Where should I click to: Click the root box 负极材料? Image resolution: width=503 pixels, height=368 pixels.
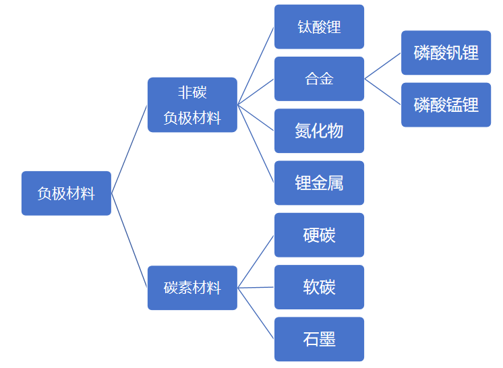[x=66, y=193]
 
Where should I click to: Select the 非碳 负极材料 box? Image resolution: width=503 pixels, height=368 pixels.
[x=192, y=105]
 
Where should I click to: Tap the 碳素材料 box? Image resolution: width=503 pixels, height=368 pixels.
[x=192, y=288]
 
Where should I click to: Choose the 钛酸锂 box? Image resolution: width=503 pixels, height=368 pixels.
[x=319, y=27]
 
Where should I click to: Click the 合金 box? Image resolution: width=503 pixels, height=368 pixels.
[x=319, y=79]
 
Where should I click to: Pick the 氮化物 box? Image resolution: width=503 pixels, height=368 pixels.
[x=319, y=131]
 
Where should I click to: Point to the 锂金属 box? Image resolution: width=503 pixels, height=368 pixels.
[x=319, y=183]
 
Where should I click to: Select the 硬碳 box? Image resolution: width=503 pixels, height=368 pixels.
[x=319, y=235]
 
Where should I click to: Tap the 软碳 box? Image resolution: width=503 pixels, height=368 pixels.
[x=319, y=287]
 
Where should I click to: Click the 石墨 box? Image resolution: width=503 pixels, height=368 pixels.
[x=319, y=339]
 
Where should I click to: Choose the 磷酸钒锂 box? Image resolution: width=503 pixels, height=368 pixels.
[x=446, y=53]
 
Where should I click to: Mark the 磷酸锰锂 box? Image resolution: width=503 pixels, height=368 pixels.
[x=446, y=104]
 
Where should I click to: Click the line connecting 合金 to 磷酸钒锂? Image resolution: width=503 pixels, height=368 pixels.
[x=383, y=66]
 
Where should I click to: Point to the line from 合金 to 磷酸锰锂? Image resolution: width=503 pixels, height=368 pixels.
[x=383, y=92]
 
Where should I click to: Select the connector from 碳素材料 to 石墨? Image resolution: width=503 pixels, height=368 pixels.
[x=256, y=313]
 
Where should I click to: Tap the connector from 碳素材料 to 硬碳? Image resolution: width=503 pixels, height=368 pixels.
[x=256, y=262]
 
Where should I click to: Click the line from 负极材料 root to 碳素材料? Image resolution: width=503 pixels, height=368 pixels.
[x=129, y=241]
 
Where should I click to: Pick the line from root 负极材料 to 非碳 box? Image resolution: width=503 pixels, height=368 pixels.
[x=129, y=149]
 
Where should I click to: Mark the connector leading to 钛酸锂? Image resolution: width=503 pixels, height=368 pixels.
[x=256, y=65]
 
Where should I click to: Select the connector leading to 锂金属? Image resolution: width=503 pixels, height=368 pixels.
[x=256, y=144]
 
